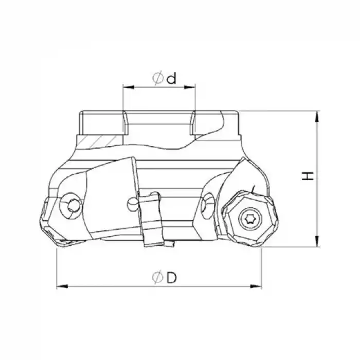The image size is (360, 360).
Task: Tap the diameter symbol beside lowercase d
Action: pyautogui.click(x=158, y=78)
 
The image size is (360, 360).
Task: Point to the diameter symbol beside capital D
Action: pyautogui.click(x=158, y=278)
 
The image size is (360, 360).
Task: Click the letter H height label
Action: pyautogui.click(x=308, y=176)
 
